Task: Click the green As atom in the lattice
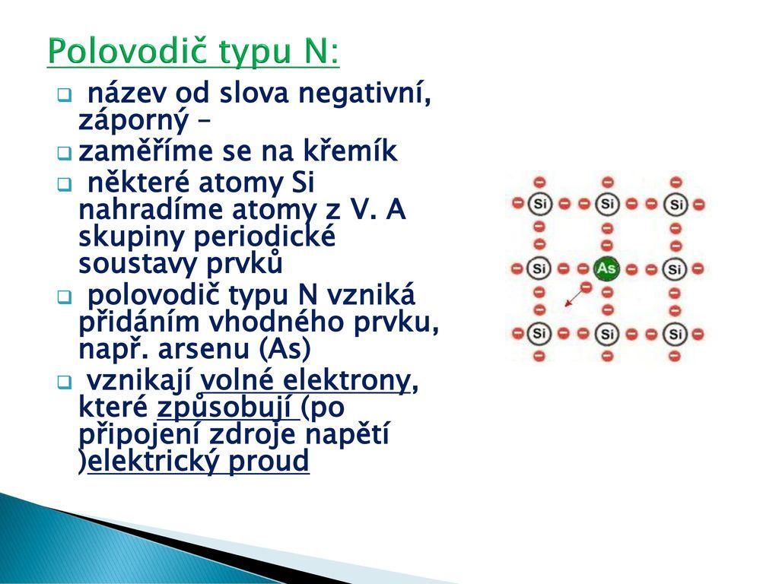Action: pyautogui.click(x=606, y=268)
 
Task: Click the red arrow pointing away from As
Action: pyautogui.click(x=575, y=296)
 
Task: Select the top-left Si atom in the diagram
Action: pyautogui.click(x=539, y=204)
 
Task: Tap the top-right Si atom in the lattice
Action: pyautogui.click(x=676, y=204)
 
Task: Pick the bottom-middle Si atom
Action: pyautogui.click(x=606, y=333)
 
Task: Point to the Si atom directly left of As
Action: pyautogui.click(x=539, y=268)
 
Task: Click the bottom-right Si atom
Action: pyautogui.click(x=676, y=333)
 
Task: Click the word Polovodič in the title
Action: pyautogui.click(x=129, y=52)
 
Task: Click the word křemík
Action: pyautogui.click(x=353, y=151)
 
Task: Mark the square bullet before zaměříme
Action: pyautogui.click(x=65, y=153)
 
